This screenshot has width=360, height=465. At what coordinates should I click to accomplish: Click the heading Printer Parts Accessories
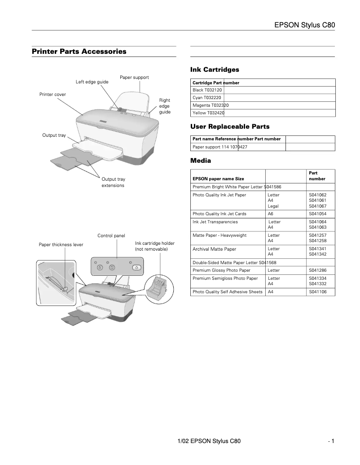(79, 52)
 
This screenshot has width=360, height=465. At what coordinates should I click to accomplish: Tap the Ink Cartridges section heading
(215, 70)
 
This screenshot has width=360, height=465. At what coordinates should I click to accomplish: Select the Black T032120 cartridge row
(207, 90)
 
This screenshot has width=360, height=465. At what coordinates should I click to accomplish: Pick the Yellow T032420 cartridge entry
(208, 113)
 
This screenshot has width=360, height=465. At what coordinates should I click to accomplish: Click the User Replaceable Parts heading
(230, 127)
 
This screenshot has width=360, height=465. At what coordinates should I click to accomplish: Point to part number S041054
(317, 214)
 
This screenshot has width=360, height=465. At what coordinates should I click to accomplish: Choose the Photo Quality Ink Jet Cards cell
(219, 214)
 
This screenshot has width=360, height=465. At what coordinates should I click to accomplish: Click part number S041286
(317, 270)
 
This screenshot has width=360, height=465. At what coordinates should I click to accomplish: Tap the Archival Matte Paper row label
(214, 249)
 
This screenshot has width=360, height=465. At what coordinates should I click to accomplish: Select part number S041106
(317, 292)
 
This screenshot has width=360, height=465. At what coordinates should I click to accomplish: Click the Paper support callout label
(134, 78)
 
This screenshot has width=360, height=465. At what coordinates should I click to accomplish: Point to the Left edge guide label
(92, 82)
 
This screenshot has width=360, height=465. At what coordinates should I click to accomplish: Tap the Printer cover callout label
(53, 95)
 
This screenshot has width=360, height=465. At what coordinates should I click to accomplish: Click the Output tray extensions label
(113, 182)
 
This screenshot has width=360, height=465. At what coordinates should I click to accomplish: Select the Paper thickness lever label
(61, 245)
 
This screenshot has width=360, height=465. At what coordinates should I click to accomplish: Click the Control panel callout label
(111, 236)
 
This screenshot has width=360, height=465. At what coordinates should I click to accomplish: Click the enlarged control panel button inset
(117, 266)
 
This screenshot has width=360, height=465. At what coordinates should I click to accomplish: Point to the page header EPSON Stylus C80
(305, 25)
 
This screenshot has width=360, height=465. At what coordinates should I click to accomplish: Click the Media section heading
(201, 161)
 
